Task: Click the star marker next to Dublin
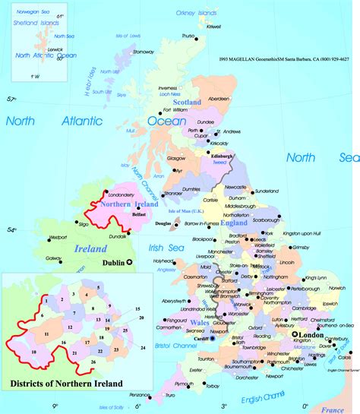[130, 262]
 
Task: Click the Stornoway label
[144, 52]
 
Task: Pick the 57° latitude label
[11, 100]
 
